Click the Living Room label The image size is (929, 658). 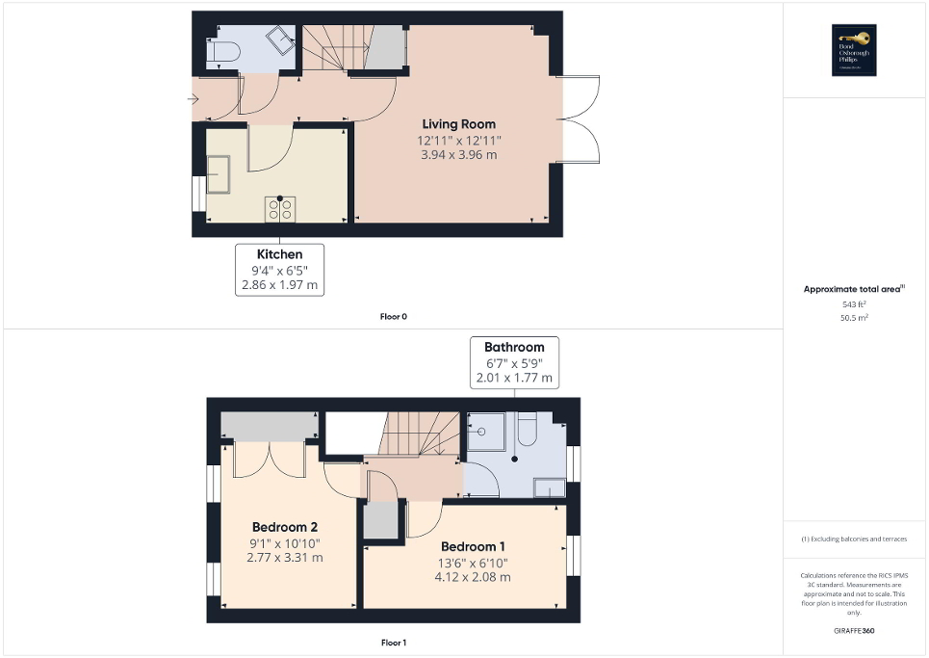click(x=459, y=124)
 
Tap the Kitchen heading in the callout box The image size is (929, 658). click(x=280, y=254)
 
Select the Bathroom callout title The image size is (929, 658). click(x=514, y=347)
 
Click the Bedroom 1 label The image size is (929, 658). click(x=472, y=546)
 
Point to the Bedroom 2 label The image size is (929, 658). click(x=285, y=527)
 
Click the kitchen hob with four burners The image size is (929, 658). click(x=280, y=208)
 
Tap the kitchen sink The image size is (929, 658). click(x=215, y=173)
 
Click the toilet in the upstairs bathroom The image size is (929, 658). click(x=528, y=430)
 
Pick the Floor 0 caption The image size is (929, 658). click(x=394, y=316)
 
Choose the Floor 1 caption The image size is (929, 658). click(x=394, y=642)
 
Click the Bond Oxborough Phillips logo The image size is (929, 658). click(x=850, y=50)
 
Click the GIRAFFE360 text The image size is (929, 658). click(x=855, y=630)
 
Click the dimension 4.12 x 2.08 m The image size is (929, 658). click(x=472, y=577)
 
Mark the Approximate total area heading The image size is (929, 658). click(x=854, y=289)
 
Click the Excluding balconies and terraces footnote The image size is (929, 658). click(x=855, y=539)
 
